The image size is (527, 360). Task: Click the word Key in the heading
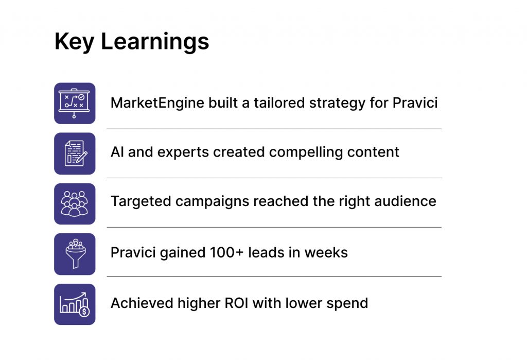74,42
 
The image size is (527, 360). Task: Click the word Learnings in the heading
155,42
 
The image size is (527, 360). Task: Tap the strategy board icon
75,104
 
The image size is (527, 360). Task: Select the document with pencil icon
75,153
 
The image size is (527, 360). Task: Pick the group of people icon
75,203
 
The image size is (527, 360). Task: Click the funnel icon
75,254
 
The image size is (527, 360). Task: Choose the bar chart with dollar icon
75,304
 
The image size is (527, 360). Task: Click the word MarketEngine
157,102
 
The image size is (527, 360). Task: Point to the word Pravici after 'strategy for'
415,102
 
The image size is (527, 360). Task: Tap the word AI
117,152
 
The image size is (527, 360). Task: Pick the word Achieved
142,303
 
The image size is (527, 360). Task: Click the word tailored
279,102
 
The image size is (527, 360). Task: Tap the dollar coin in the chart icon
84,312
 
